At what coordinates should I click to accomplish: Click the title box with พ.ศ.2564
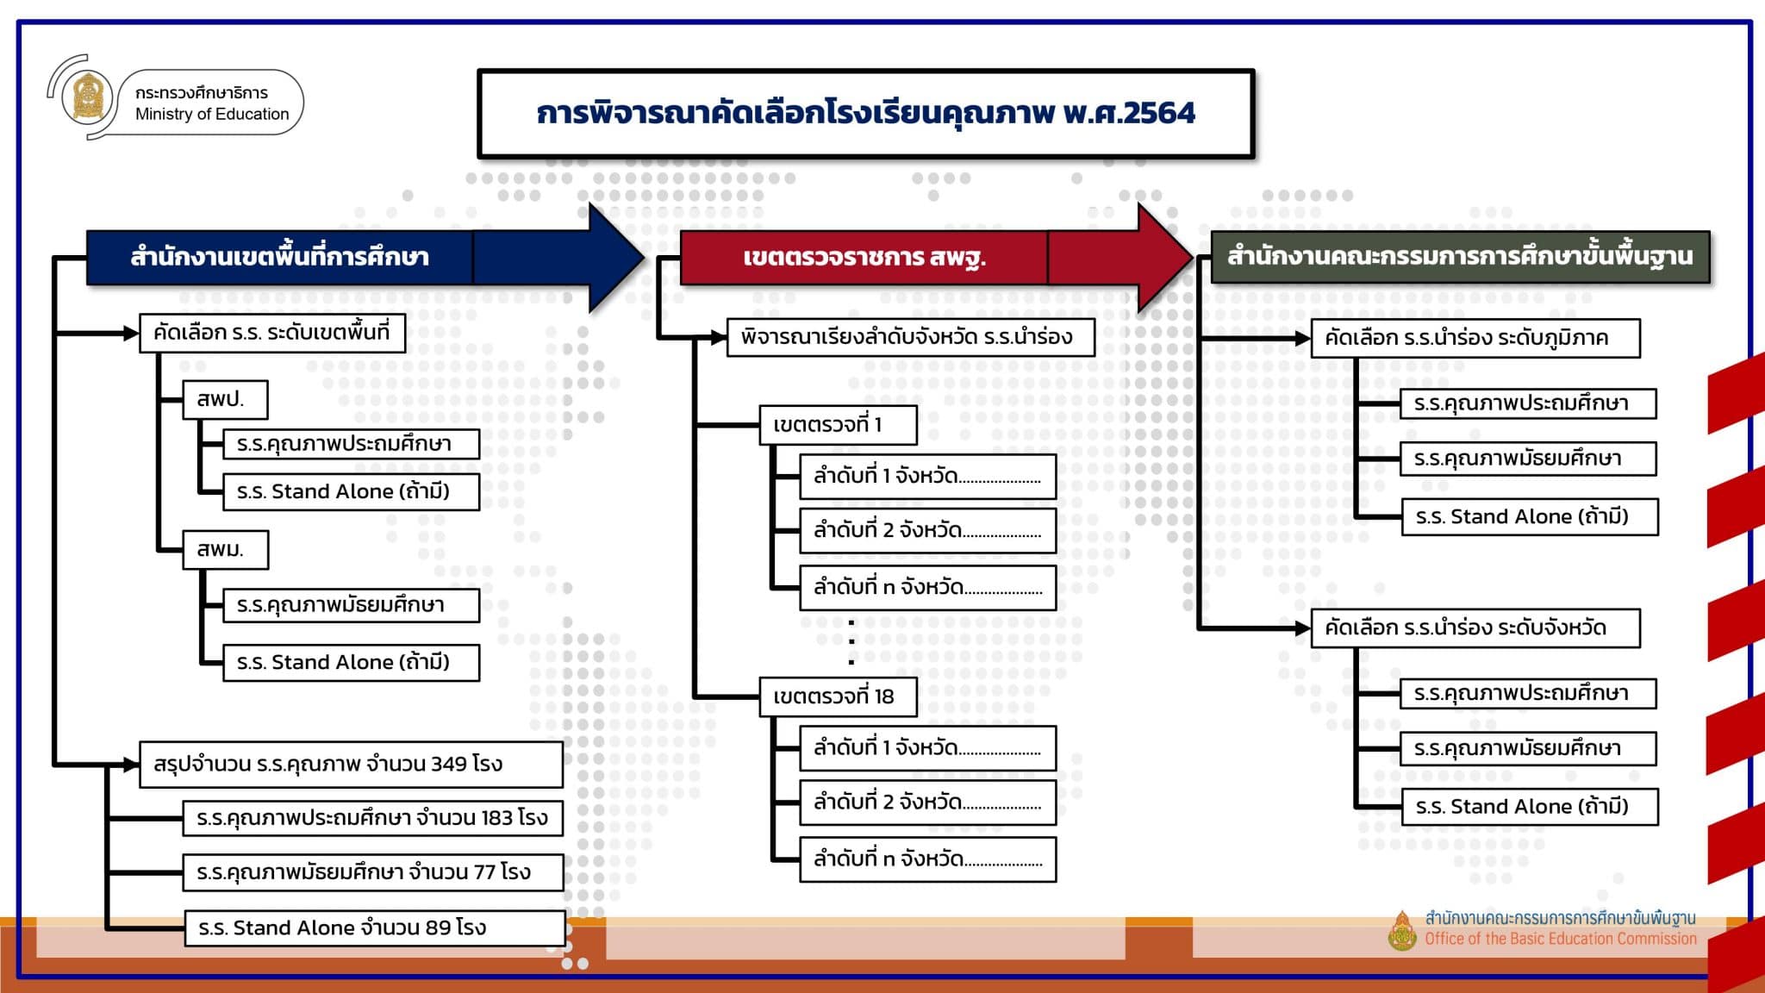coord(866,114)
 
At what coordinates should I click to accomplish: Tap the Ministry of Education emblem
coord(88,97)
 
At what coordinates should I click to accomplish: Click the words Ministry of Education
coord(212,114)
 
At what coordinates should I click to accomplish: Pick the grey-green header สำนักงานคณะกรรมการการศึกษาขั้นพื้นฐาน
coord(1460,256)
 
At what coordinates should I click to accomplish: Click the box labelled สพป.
coord(225,400)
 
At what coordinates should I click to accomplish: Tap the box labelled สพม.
coord(226,550)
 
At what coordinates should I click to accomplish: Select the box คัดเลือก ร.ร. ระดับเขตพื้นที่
coord(272,333)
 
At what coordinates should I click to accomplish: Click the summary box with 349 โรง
coord(352,765)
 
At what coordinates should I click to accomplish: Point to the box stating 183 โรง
coord(373,818)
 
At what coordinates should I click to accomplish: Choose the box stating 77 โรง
coord(373,872)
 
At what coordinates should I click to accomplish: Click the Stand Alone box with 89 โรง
coord(375,928)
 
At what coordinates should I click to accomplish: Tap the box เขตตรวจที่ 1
coord(838,425)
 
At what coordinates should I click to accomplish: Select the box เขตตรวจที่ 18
coord(838,696)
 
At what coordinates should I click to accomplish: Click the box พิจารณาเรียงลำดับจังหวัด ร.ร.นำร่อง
coord(911,337)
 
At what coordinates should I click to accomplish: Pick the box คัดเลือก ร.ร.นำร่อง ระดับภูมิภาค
coord(1475,338)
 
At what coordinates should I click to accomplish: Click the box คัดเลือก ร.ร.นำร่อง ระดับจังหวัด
coord(1475,628)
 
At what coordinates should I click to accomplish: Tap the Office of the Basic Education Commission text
coord(1561,939)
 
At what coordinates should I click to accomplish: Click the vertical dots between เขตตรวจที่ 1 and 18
coord(851,642)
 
